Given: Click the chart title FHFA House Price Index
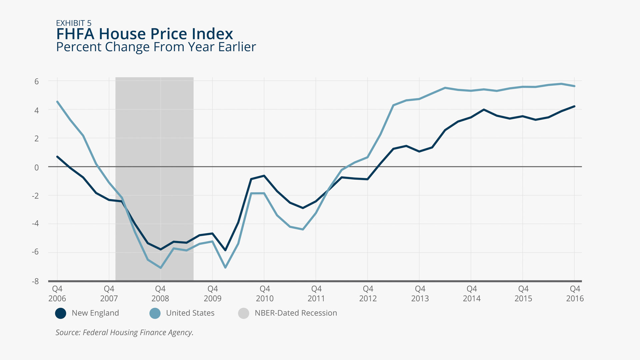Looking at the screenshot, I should (144, 34).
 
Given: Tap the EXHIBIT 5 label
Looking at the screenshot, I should (74, 23).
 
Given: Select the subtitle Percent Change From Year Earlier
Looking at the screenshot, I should (156, 47).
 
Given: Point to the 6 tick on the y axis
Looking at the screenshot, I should (37, 81).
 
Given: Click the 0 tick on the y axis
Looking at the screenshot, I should (37, 167).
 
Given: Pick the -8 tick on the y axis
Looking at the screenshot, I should (35, 281).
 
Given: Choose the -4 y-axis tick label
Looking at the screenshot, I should (35, 224).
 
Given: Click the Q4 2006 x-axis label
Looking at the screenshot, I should (57, 294).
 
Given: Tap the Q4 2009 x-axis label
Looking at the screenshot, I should (213, 294).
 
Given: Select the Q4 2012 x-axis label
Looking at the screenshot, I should (368, 294).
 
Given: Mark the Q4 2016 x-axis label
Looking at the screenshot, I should (575, 294).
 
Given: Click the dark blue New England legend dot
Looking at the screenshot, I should (61, 313).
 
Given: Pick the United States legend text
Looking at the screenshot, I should (190, 313).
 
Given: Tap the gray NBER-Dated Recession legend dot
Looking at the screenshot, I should (244, 313).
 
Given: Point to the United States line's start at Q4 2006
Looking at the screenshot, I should (57, 102).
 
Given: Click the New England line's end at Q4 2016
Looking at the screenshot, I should (574, 106).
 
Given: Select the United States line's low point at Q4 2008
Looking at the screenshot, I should (161, 268).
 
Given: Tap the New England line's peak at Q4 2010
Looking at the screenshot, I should (264, 176).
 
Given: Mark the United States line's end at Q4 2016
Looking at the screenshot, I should (574, 86).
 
